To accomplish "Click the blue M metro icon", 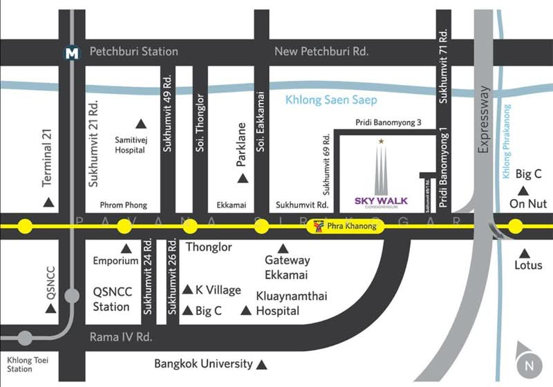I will (x=71, y=52).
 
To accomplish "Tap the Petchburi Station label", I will (x=133, y=52).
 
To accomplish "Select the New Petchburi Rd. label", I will (x=321, y=52).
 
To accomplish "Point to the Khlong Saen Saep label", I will (x=331, y=101).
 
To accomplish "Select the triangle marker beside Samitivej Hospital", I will (x=142, y=124).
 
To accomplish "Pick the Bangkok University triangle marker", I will (x=262, y=364).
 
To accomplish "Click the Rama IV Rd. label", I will (x=120, y=337).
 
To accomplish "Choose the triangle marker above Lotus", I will (x=524, y=253).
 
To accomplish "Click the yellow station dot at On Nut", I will (x=515, y=225).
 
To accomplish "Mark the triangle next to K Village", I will (x=187, y=289).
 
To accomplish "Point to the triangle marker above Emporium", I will (x=126, y=248).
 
